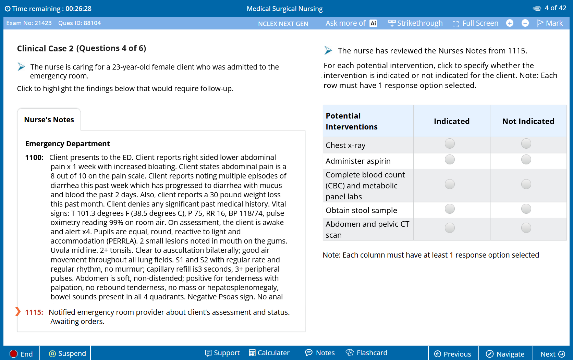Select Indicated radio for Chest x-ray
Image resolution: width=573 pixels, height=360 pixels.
(450, 144)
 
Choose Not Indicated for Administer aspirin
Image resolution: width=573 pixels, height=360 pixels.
(526, 160)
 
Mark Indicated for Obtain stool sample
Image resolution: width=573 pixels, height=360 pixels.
(450, 209)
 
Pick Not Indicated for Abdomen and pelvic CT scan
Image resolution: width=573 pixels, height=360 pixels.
(526, 228)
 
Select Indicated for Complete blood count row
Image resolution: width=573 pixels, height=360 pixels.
(450, 184)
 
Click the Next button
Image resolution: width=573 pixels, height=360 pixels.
(552, 354)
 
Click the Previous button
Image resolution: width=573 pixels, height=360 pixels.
(453, 354)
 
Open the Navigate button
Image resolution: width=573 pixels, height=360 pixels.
(505, 354)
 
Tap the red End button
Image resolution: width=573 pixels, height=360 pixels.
(21, 354)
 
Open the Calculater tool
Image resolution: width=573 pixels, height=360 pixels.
(269, 353)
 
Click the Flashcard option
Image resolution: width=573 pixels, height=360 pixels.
(367, 353)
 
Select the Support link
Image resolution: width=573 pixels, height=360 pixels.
(222, 353)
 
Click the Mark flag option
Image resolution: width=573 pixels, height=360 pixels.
(550, 23)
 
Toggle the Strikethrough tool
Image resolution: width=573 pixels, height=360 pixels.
(415, 23)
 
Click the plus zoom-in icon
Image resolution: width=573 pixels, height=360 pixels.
(510, 23)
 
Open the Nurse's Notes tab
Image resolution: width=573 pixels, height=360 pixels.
(49, 120)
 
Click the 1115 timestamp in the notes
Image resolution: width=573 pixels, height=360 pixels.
(34, 312)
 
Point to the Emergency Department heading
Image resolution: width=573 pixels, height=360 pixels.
(68, 144)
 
